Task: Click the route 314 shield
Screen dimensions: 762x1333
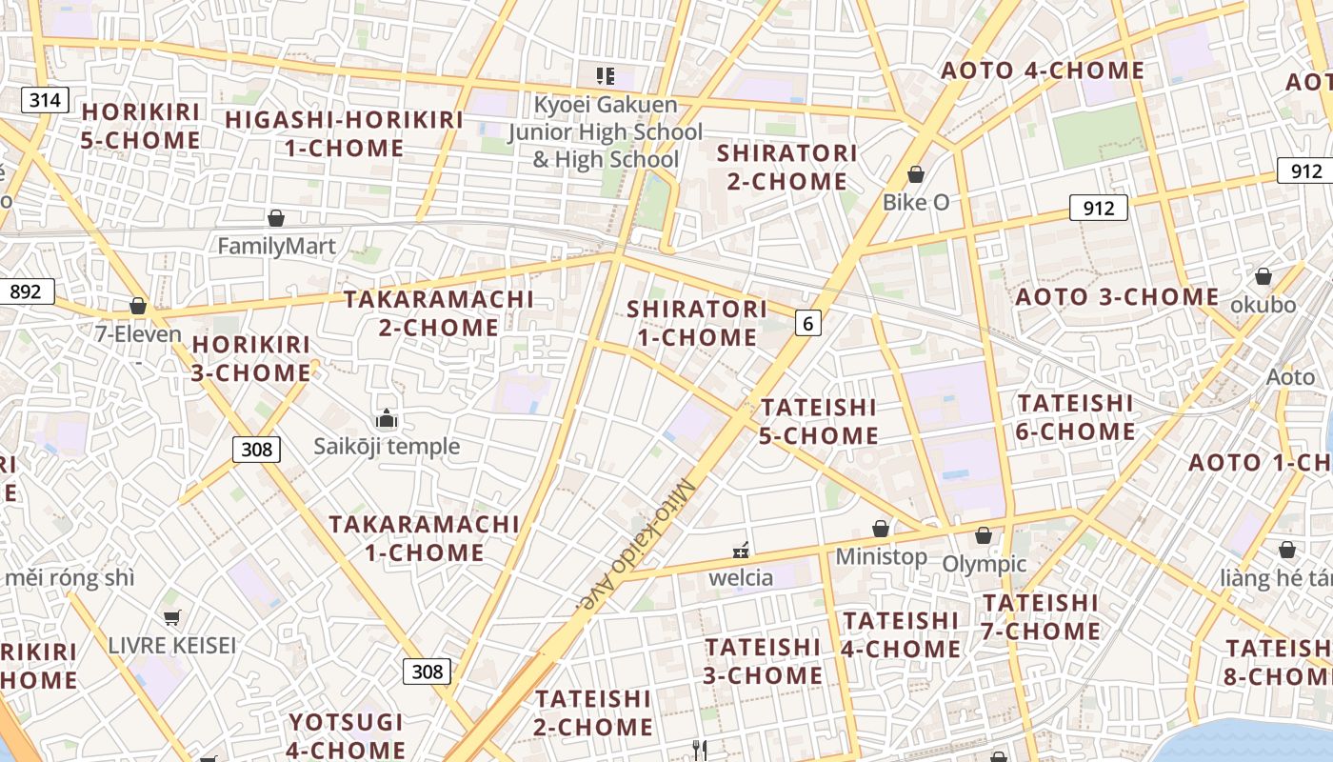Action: [x=45, y=100]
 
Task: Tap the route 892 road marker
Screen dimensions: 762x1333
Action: [x=26, y=291]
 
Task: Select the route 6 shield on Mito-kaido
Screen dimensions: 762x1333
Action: [x=807, y=324]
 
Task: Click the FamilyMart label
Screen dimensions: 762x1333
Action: [x=276, y=247]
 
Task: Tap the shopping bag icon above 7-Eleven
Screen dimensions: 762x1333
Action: [x=138, y=307]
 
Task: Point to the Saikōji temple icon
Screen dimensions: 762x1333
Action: [x=386, y=418]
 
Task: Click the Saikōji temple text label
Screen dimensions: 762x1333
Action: [x=387, y=446]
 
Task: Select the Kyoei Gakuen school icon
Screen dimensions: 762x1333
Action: [x=605, y=75]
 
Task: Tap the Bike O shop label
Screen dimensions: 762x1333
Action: [x=915, y=202]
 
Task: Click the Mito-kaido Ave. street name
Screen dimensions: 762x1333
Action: [x=639, y=544]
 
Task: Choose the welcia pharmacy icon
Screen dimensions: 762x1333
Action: [x=740, y=550]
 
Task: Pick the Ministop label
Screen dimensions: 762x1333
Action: [x=881, y=556]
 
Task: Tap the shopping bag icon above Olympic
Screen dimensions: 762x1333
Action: [x=984, y=535]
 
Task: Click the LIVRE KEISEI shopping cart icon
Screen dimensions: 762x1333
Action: [x=171, y=617]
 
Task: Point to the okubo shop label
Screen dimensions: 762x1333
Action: [x=1263, y=305]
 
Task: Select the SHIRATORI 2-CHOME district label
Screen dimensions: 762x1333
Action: [x=786, y=167]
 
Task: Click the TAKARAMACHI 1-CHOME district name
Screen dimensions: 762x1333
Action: [x=425, y=538]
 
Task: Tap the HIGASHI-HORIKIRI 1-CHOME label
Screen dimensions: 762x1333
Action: [x=344, y=134]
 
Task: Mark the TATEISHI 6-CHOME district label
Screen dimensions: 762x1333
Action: [x=1075, y=417]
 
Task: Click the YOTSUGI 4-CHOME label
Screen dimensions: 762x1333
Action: [x=347, y=735]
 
